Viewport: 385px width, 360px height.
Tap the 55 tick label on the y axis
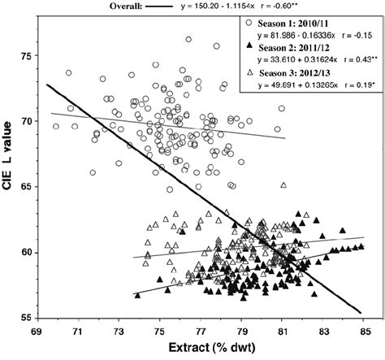pyautogui.click(x=26, y=318)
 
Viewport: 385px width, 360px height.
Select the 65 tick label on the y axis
pyautogui.click(x=26, y=187)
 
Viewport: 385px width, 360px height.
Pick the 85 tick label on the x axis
pyautogui.click(x=365, y=331)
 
